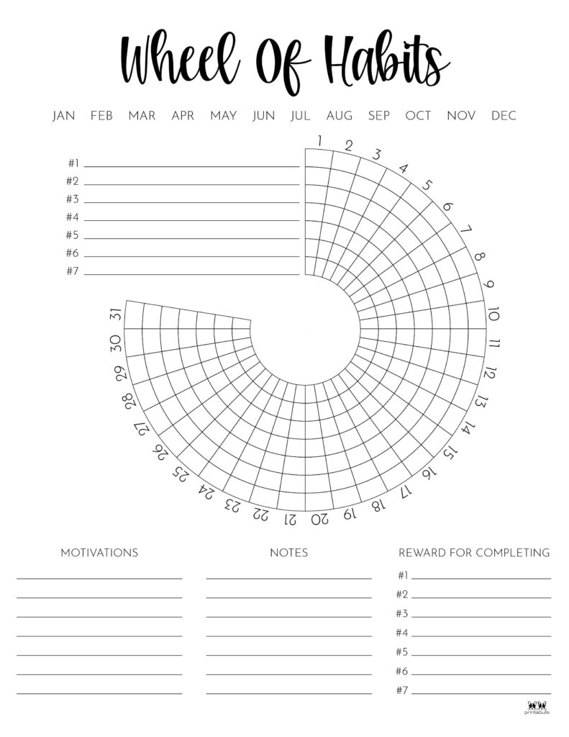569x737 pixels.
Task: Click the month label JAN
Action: point(64,116)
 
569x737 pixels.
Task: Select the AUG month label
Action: point(340,116)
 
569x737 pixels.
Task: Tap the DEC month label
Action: point(504,116)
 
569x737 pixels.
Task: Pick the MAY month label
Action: point(224,116)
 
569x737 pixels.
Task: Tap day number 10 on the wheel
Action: point(493,315)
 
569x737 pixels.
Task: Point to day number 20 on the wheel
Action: point(319,518)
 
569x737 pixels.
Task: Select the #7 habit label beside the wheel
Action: point(72,272)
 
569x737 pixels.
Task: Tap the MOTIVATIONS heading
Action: point(99,553)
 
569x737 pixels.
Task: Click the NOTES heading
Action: point(288,553)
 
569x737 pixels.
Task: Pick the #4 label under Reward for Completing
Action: point(402,633)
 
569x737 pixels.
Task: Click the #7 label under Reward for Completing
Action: point(402,691)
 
